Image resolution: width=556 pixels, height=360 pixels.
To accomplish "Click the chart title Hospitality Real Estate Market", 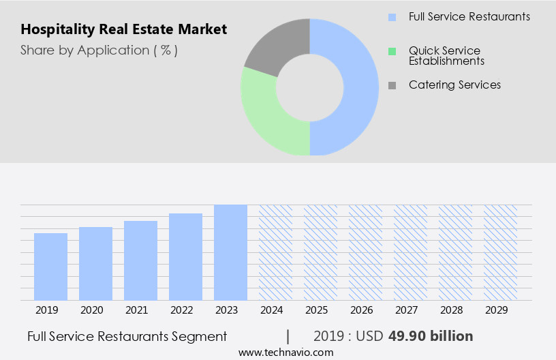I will pos(123,29).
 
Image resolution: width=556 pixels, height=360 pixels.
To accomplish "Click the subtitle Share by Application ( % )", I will pos(99,50).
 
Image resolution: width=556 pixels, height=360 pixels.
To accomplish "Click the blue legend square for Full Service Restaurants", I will pos(392,17).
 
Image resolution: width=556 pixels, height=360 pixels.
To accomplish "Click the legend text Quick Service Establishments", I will pos(446,56).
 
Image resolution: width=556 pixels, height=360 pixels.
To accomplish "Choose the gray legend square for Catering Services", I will pos(392,85).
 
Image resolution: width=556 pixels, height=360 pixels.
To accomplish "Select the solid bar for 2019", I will pos(50,267).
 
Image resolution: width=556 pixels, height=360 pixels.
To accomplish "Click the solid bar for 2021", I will pos(140,260).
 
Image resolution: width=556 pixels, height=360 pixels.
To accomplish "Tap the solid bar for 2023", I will pos(230,252).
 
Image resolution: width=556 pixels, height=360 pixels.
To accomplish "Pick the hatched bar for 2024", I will pos(275,252).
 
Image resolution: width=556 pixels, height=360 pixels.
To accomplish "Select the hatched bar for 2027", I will pos(410,252).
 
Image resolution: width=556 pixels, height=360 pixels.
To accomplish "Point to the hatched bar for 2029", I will pos(500,252).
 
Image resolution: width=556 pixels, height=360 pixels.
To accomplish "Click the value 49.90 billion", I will pos(431,336).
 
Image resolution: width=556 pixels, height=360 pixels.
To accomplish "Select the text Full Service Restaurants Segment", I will pos(127,336).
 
